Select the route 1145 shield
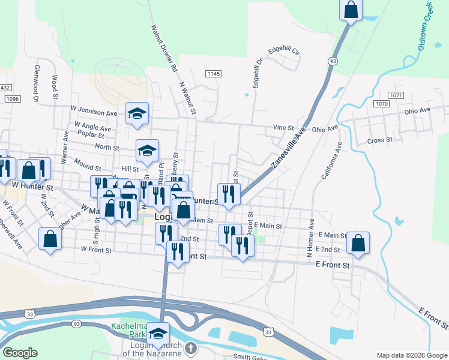(213, 74)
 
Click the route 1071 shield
(396, 95)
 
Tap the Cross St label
(379, 140)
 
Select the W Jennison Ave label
(93, 112)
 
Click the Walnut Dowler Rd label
(164, 48)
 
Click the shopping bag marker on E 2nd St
(358, 243)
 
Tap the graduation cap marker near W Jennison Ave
(137, 113)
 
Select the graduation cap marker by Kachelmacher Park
(158, 334)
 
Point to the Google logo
(20, 353)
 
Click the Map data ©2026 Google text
(411, 355)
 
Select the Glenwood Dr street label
(36, 83)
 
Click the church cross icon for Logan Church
(190, 347)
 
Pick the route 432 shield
(5, 88)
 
